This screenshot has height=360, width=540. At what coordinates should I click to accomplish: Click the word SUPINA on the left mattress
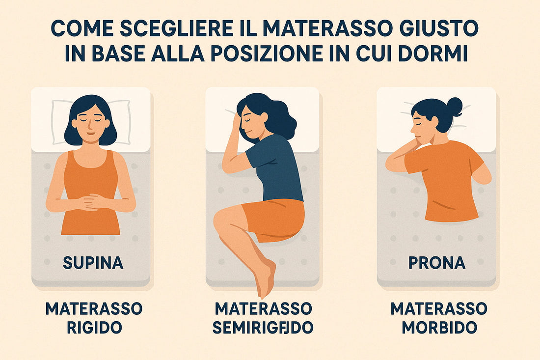pos(93,263)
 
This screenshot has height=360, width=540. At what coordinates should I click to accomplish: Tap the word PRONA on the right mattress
pos(437,263)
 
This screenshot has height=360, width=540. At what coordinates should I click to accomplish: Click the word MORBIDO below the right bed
pos(439,328)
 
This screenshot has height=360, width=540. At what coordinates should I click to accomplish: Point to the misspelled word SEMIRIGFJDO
pos(263,328)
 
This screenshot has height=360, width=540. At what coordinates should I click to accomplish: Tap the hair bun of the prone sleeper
pos(454,107)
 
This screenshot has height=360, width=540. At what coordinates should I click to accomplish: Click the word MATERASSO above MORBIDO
pos(439,309)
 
